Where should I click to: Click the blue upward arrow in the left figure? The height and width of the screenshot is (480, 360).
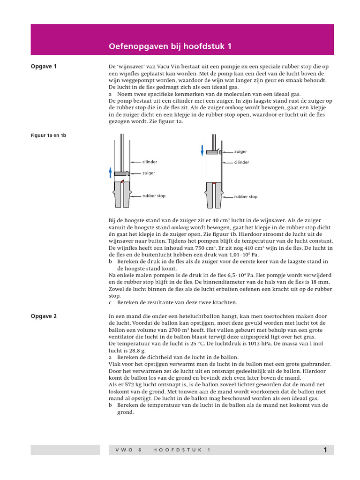coord(111,172)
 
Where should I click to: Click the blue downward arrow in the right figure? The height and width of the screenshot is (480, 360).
coord(202,150)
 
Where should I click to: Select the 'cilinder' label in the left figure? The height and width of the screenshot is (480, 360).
coord(150,162)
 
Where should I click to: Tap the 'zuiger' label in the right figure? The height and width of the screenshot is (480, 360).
coord(240,151)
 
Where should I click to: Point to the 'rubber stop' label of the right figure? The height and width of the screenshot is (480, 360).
coord(246,197)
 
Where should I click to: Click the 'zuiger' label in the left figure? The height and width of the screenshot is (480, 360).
coord(149,173)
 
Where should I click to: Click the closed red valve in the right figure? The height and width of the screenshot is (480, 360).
coord(213,183)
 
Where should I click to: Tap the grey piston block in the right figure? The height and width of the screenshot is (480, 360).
coord(212,152)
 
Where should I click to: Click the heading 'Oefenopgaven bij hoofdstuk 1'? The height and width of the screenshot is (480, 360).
coord(170,47)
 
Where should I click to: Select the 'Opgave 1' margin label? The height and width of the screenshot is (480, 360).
coord(44,67)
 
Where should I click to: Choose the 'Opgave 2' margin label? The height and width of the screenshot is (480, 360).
coord(44,316)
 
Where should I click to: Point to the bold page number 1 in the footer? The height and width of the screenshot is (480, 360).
coord(325,450)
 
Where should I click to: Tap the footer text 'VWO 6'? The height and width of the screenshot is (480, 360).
coord(127,450)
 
